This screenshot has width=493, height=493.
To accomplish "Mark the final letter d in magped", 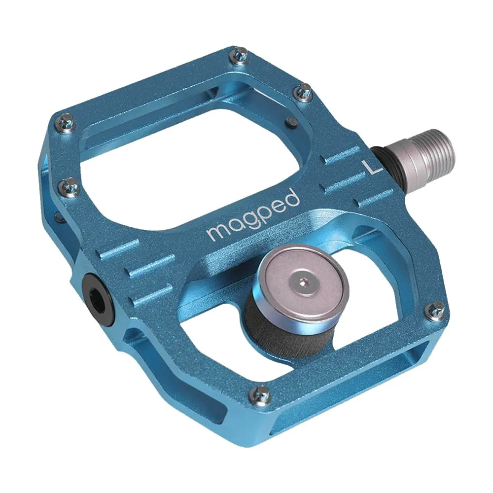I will pyautogui.click(x=293, y=199).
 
